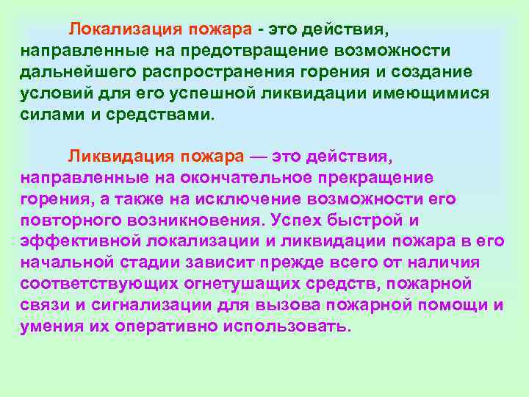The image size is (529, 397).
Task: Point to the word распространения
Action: coord(215,74)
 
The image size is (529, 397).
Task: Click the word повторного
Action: coord(71,221)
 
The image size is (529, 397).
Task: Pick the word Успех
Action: coord(298,221)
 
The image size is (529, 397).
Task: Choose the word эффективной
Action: coord(81,242)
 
